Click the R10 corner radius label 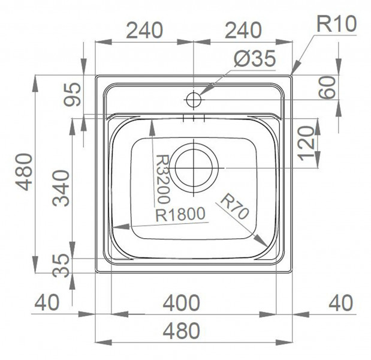336,24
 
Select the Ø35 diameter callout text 255,59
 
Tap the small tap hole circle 194,100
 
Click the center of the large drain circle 194,167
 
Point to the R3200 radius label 164,179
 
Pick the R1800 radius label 180,214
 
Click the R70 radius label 234,206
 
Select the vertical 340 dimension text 61,188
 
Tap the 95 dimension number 73,94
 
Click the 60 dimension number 327,87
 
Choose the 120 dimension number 306,143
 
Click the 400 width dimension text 182,302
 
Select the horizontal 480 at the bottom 182,331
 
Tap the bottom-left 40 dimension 47,302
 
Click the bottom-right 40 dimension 341,302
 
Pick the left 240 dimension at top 144,30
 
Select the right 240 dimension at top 243,30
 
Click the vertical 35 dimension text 61,266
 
